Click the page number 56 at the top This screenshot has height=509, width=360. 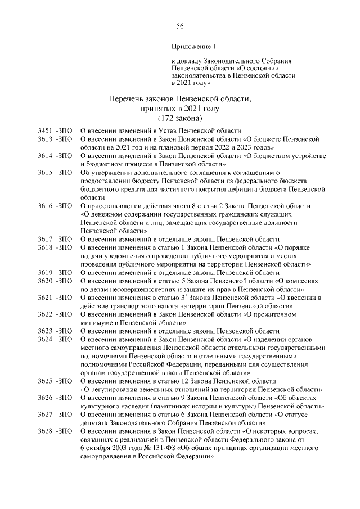coord(180,26)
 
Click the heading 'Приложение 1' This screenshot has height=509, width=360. coord(193,47)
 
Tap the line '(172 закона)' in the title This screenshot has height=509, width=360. coord(180,119)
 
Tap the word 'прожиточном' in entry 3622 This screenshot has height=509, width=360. coord(292,314)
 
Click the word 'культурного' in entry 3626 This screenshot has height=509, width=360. coord(102,406)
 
